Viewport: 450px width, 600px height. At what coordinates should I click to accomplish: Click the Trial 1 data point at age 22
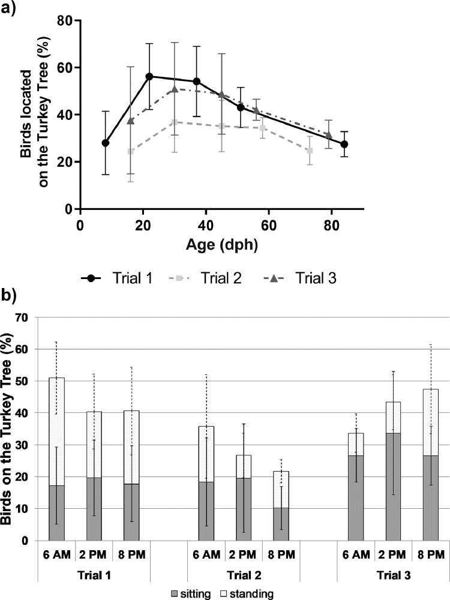149,77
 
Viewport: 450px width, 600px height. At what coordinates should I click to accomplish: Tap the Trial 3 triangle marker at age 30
175,89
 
